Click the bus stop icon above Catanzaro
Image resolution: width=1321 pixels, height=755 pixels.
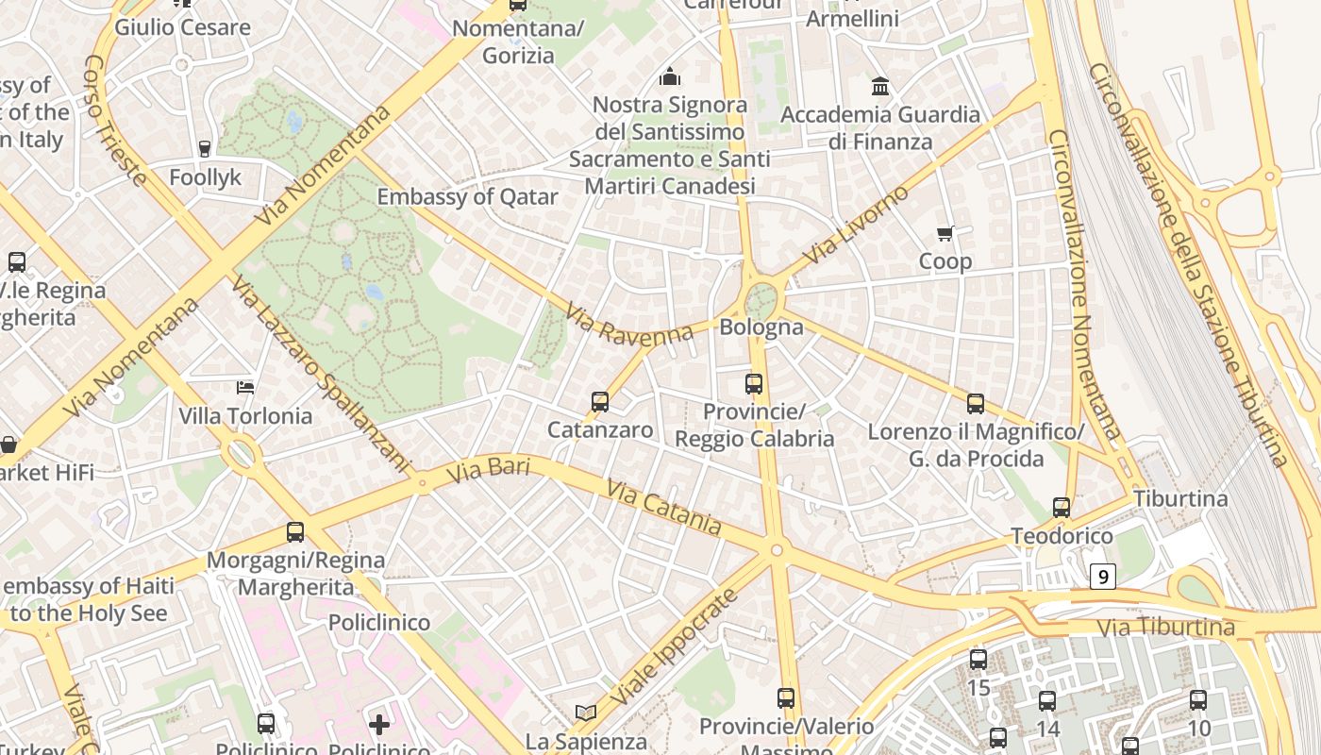[x=600, y=402]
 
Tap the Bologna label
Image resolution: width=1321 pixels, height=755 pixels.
[x=761, y=327]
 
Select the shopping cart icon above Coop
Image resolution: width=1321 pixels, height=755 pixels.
[x=945, y=233]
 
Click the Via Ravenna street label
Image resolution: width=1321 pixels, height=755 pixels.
[x=629, y=324]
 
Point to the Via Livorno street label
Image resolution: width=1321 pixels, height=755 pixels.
[x=856, y=225]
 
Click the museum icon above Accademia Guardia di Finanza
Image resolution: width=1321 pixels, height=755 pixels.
[x=880, y=87]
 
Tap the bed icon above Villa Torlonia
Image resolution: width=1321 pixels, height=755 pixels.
[x=245, y=387]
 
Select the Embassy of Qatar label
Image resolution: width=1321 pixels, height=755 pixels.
[x=467, y=197]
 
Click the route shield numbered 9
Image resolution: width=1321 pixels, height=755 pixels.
[x=1102, y=576]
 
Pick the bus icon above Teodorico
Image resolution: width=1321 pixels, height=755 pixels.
[x=1062, y=508]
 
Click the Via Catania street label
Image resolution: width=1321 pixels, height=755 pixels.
[x=663, y=508]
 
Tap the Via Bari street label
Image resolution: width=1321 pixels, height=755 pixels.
[x=488, y=469]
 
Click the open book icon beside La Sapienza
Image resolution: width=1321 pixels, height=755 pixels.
[x=586, y=713]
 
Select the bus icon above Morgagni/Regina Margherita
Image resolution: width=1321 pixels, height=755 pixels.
[x=295, y=532]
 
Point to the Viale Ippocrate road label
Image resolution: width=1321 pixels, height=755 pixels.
[x=673, y=647]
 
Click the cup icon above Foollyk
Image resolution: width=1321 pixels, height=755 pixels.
[x=205, y=148]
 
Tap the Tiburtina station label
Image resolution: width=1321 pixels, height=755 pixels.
[x=1180, y=498]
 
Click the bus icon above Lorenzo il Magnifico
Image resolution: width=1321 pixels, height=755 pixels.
[x=976, y=404]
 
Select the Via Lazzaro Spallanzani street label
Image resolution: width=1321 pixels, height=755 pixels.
[x=321, y=375]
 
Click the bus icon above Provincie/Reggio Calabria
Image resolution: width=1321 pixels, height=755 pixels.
[x=753, y=384]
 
